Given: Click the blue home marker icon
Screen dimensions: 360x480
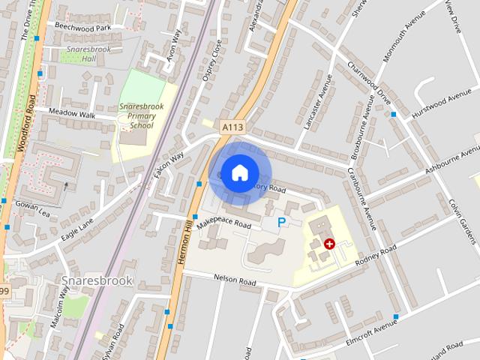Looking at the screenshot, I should click(239, 172).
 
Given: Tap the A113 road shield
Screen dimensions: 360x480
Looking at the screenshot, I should click(232, 128).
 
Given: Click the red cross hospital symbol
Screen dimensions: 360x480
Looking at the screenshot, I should click(329, 244).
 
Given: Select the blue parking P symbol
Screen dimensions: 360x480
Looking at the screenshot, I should click(282, 222).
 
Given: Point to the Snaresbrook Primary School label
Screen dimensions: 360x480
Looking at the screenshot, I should click(137, 116).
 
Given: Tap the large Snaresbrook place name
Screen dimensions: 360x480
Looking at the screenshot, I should click(97, 281).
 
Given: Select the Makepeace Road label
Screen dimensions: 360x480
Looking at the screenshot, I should click(223, 223).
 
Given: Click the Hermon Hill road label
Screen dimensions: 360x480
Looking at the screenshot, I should click(182, 240).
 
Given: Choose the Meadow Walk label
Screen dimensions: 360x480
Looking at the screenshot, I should click(72, 114).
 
